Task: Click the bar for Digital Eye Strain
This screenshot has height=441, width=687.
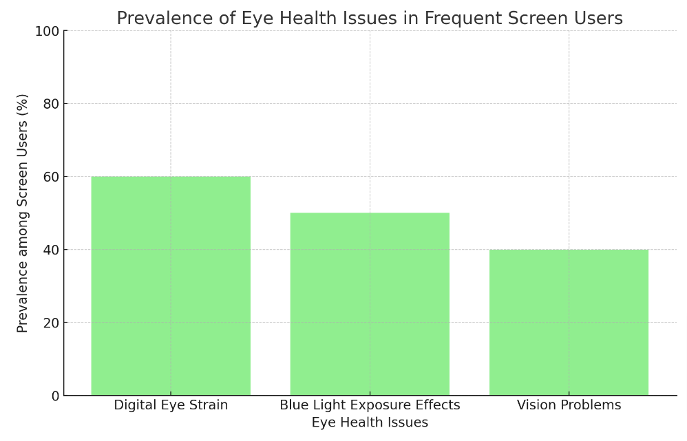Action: pos(171,286)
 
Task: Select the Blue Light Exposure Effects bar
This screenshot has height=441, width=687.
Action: pos(370,303)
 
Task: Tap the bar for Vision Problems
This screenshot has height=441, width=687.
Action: pos(569,322)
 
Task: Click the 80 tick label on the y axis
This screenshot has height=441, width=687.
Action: pos(50,104)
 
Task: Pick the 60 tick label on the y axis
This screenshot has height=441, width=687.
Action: pos(50,177)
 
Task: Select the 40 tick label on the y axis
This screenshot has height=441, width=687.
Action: pos(50,250)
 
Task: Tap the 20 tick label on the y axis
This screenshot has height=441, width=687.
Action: pos(50,323)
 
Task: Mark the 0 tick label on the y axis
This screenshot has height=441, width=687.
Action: pos(55,396)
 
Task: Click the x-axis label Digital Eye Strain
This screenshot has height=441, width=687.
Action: pos(171,405)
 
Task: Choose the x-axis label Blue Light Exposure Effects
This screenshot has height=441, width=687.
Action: pos(370,405)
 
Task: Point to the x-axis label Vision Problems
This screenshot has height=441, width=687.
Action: pos(569,405)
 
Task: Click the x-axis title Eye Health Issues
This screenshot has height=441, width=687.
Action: pos(370,422)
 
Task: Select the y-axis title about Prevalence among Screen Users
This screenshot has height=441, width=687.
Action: pos(23,213)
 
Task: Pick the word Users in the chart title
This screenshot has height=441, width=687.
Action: pos(598,19)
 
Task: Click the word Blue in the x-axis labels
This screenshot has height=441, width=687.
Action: pos(292,405)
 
